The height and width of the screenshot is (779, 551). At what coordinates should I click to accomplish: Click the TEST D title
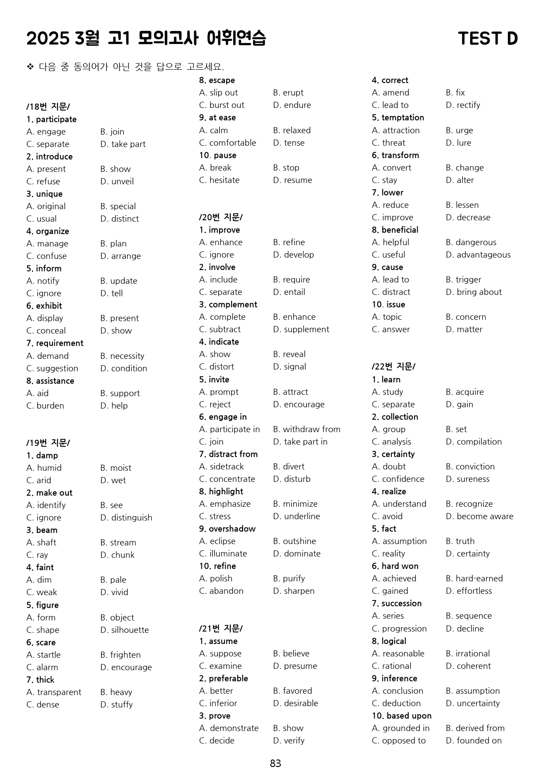pos(487,39)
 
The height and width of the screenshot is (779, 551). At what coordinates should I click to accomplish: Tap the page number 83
pos(275,763)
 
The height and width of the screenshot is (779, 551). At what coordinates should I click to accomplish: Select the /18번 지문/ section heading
pos(48,107)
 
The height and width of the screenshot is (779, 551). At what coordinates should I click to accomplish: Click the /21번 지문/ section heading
pos(221,628)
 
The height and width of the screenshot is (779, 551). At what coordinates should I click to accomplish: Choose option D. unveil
pos(117,181)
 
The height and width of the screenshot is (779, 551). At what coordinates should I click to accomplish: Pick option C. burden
pos(45,405)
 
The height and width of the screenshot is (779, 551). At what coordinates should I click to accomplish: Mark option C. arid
pos(39,480)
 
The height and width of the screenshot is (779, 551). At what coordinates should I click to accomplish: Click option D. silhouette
pos(124,630)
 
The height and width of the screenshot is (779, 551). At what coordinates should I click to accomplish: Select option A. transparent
pos(54,692)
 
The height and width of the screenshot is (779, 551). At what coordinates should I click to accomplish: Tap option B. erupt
pos(288,92)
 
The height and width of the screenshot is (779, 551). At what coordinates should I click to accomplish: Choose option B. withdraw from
pos(307,429)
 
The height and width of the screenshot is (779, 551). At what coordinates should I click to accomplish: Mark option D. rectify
pos(463,105)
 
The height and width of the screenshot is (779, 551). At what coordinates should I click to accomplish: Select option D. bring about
pos(474,292)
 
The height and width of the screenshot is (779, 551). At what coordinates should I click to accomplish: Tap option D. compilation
pos(474,441)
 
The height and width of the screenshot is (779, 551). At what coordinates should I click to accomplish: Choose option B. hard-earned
pos(474,578)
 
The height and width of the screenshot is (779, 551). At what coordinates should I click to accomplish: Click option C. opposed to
pos(399,740)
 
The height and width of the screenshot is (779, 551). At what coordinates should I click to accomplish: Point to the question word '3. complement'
pos(228,304)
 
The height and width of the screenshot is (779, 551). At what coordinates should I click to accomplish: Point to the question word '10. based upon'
pos(402,715)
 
